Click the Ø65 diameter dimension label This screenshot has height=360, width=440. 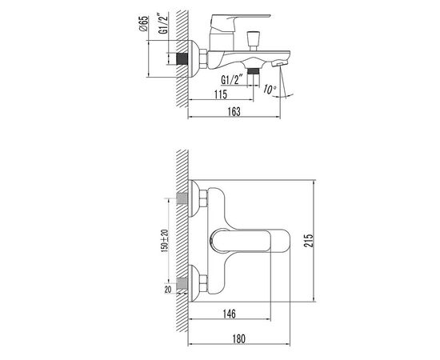coord(143,23)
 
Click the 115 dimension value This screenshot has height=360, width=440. coord(221,94)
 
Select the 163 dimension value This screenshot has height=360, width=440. coord(234,112)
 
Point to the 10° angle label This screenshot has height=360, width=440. coord(270,90)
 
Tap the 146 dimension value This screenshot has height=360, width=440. coord(230,314)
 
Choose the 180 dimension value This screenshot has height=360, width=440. coord(239,338)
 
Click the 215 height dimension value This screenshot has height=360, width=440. coord(308,241)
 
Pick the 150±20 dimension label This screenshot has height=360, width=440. coord(165,241)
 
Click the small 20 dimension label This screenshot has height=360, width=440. coord(168,290)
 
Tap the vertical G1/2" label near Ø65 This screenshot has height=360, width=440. coord(163,23)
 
